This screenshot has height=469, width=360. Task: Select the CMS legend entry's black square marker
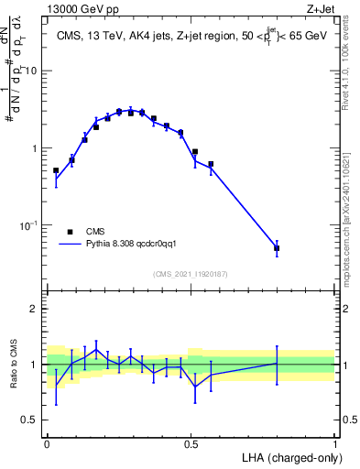(x=70, y=232)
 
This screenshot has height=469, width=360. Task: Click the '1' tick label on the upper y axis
(x=36, y=148)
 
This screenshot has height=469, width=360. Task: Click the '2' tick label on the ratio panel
(x=36, y=309)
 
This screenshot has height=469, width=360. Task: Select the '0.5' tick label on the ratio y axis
(x=31, y=420)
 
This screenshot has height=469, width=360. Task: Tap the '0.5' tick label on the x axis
(x=191, y=442)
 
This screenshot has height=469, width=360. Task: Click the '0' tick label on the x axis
(x=47, y=442)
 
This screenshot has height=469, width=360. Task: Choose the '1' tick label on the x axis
(x=334, y=442)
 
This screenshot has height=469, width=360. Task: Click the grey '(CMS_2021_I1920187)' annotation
(x=191, y=274)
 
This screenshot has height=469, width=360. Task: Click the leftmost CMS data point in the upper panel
(x=56, y=170)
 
